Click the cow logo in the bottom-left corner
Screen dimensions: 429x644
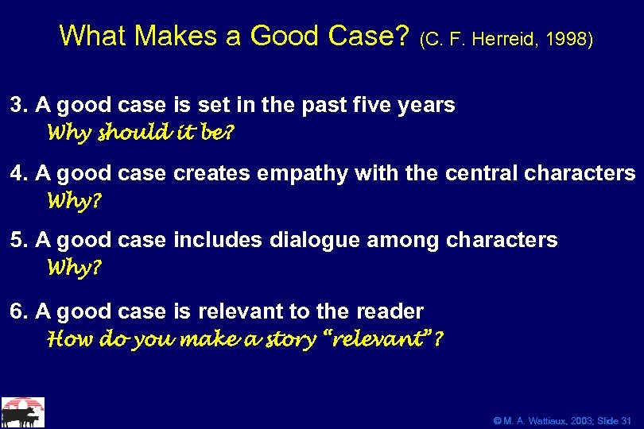click(x=22, y=412)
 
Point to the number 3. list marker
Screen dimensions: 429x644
click(x=18, y=105)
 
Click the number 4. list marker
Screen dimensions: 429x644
click(x=18, y=173)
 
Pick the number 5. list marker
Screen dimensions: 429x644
click(x=18, y=241)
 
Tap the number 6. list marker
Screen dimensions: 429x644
click(x=18, y=311)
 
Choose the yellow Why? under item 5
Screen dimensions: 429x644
click(x=75, y=268)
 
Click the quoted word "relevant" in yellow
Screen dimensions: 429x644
click(x=382, y=339)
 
